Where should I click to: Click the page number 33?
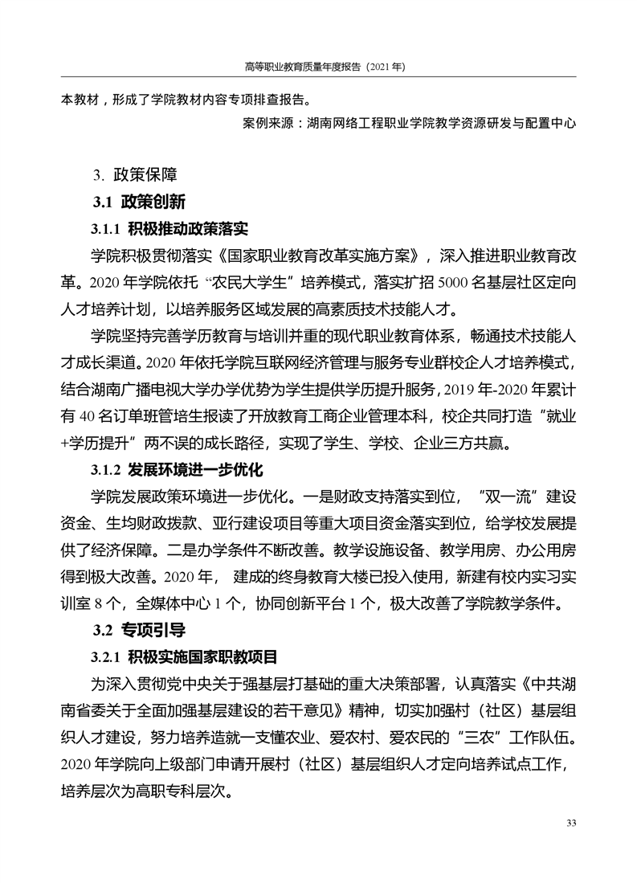[572, 823]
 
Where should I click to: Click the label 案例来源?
[267, 125]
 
